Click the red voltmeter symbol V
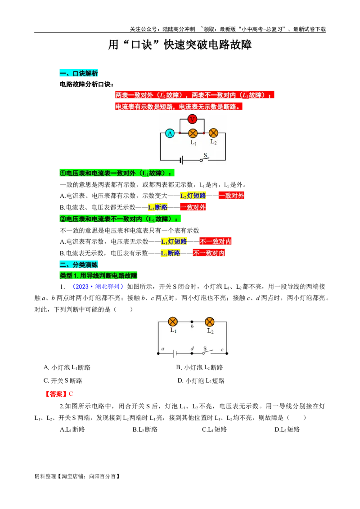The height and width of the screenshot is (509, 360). coord(193,119)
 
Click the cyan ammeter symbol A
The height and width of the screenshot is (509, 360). coord(170,133)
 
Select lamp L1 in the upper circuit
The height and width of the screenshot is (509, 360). coord(193,134)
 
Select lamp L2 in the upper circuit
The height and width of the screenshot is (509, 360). coord(213,133)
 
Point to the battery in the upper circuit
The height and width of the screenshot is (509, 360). coord(181,160)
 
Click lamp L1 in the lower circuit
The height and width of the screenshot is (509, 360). coord(173,321)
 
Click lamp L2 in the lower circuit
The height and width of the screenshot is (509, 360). coord(210,322)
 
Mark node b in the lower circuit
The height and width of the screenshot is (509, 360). coord(192,322)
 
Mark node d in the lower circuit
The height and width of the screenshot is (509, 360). coord(192,353)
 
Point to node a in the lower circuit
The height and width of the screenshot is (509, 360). coord(158,353)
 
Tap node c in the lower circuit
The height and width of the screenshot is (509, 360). coord(226,353)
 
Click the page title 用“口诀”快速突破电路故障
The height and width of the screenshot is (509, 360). coord(180,45)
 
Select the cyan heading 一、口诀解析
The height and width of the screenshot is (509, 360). coord(79,74)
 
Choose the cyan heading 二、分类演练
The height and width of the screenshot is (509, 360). coord(79,265)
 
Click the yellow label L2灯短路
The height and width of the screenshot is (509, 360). coord(193,196)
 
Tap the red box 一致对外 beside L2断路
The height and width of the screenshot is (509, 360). coord(193,207)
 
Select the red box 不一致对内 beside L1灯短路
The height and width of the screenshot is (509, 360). coord(216,241)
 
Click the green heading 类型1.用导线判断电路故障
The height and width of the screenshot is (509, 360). coord(99,275)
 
